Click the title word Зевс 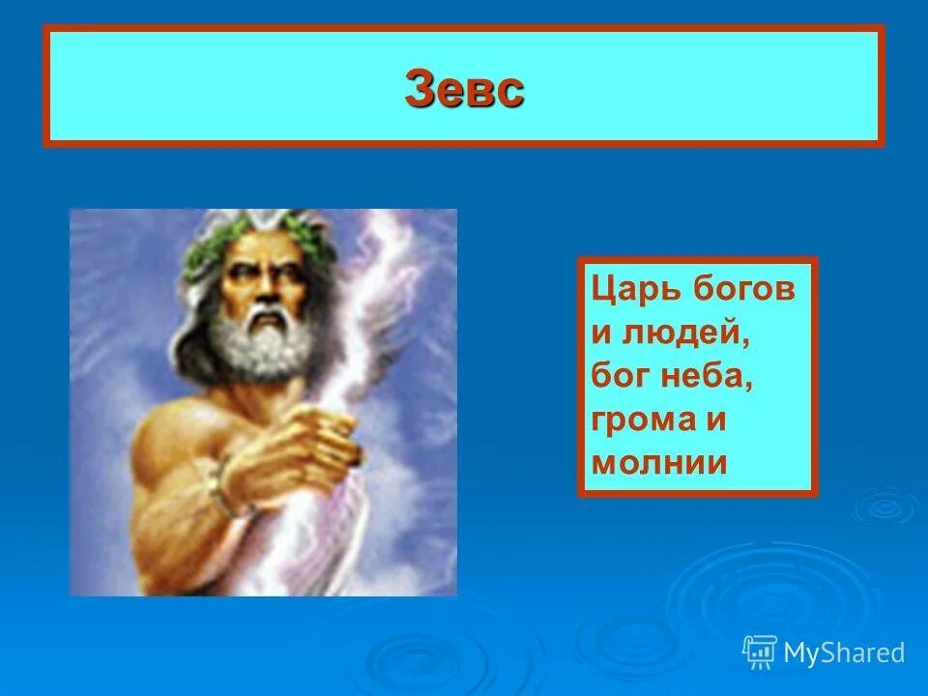tap(465, 90)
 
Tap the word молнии tap(658, 463)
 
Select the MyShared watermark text tap(844, 653)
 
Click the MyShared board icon tap(761, 652)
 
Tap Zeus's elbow tap(145, 551)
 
